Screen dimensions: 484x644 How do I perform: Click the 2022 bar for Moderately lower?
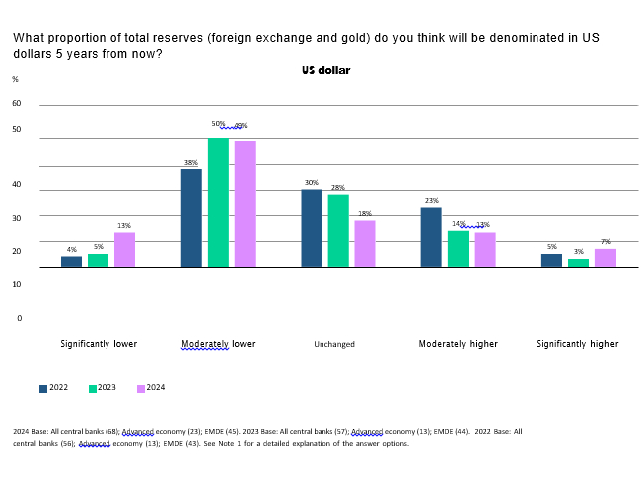point(191,218)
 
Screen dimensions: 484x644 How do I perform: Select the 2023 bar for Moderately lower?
point(218,203)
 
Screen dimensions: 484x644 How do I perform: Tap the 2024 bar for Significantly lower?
point(124,250)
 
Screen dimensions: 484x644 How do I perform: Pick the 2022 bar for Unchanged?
point(312,228)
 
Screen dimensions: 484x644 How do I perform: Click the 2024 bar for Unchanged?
point(365,244)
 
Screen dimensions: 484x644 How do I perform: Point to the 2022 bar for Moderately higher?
point(431,237)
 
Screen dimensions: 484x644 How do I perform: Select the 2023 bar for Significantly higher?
point(578,263)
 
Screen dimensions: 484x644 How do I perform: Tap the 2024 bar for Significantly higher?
point(605,258)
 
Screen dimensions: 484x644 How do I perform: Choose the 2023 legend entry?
point(102,388)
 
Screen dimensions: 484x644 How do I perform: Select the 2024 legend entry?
point(150,388)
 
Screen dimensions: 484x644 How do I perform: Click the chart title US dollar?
point(325,71)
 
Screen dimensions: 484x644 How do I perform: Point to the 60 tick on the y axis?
point(16,103)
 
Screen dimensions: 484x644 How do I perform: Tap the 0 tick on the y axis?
point(19,318)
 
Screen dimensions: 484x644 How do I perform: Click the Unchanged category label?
point(334,344)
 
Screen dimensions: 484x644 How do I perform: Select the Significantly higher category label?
point(577,344)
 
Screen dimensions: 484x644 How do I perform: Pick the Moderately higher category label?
point(457,344)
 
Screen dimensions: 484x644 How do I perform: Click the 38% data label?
point(190,163)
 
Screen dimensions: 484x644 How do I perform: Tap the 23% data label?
point(431,201)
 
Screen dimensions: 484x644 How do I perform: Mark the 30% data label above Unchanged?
point(312,183)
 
